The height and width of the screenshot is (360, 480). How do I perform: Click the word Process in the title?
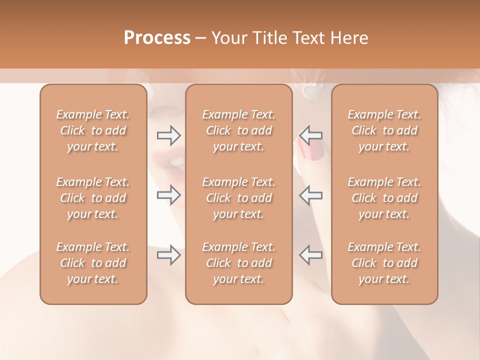pyautogui.click(x=157, y=38)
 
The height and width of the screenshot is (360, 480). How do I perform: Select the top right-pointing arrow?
pyautogui.click(x=168, y=135)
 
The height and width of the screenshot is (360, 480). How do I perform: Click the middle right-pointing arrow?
pyautogui.click(x=168, y=194)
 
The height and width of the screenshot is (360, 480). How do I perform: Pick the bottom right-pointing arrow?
pyautogui.click(x=168, y=255)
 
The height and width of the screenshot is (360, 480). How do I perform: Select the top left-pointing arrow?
pyautogui.click(x=310, y=135)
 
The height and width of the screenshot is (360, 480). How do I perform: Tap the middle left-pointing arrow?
pyautogui.click(x=310, y=194)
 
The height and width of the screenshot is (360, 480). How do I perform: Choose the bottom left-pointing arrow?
pyautogui.click(x=310, y=255)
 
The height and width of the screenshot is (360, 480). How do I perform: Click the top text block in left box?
pyautogui.click(x=93, y=130)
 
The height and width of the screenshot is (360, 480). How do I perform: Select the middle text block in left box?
pyautogui.click(x=93, y=198)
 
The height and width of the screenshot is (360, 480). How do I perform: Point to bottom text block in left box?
pyautogui.click(x=93, y=263)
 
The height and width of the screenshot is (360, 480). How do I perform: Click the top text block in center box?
pyautogui.click(x=239, y=130)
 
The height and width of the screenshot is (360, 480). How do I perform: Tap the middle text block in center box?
pyautogui.click(x=239, y=198)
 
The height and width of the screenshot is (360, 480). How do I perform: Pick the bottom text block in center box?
pyautogui.click(x=239, y=263)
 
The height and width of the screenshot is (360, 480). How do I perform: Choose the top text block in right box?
pyautogui.click(x=384, y=130)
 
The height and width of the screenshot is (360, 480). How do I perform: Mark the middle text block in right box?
pyautogui.click(x=384, y=198)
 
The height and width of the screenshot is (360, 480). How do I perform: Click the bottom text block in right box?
pyautogui.click(x=384, y=263)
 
